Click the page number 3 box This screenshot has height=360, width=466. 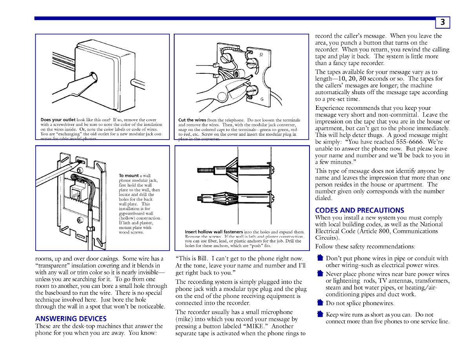pyautogui.click(x=442, y=22)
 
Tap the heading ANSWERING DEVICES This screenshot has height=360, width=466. pyautogui.click(x=71, y=319)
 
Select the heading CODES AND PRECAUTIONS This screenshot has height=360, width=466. pyautogui.click(x=359, y=210)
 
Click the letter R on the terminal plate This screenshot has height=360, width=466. pyautogui.click(x=261, y=55)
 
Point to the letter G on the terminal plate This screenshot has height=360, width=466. pyautogui.click(x=262, y=99)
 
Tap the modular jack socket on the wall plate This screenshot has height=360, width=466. pyautogui.click(x=75, y=192)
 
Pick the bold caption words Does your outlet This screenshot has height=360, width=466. pyautogui.click(x=58, y=120)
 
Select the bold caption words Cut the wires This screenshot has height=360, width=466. pyautogui.click(x=192, y=120)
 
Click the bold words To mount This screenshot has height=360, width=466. pyautogui.click(x=129, y=176)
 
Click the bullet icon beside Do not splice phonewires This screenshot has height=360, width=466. pyautogui.click(x=320, y=303)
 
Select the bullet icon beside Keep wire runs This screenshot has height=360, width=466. pyautogui.click(x=320, y=314)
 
